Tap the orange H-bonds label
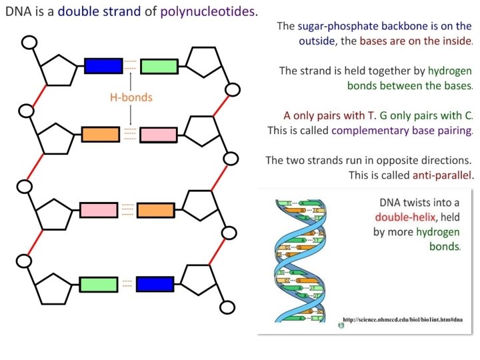pos(131,97)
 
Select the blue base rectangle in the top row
pos(103,65)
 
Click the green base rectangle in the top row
pos(159,66)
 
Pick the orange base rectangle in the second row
pos(101,134)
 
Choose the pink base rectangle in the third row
pos(99,209)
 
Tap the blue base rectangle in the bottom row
pos(155,285)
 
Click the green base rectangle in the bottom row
pos(99,285)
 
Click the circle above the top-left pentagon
pos(29,42)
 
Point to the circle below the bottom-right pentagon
pos(228,308)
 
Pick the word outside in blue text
pos(319,41)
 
